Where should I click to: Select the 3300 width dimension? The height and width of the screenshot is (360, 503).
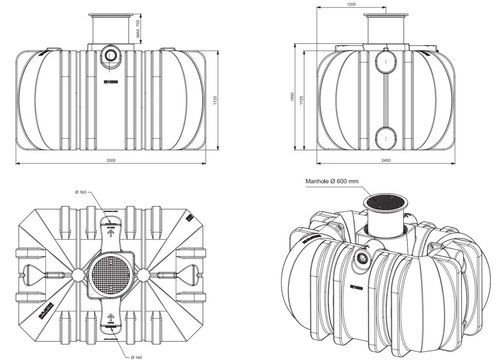pos(111,160)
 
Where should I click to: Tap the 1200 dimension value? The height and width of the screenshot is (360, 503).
pos(351,4)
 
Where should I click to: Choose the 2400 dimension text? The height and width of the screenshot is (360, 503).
pos(386,160)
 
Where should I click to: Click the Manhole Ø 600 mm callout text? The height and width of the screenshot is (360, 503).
pos(332,181)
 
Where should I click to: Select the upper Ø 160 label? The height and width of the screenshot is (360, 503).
pos(80,192)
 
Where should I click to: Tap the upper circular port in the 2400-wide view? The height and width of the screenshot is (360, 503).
pos(386,62)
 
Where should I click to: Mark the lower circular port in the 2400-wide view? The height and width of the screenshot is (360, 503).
pos(386,139)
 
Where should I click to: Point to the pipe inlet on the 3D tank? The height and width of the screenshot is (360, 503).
pos(363,257)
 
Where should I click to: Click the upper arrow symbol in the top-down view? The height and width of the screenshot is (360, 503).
pos(111,234)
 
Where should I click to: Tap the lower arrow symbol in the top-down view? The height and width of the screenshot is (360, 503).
pos(111,317)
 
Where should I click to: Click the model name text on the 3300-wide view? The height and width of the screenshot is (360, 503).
pos(111,82)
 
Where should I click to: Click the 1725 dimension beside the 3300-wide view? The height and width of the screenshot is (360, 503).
pos(215,100)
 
